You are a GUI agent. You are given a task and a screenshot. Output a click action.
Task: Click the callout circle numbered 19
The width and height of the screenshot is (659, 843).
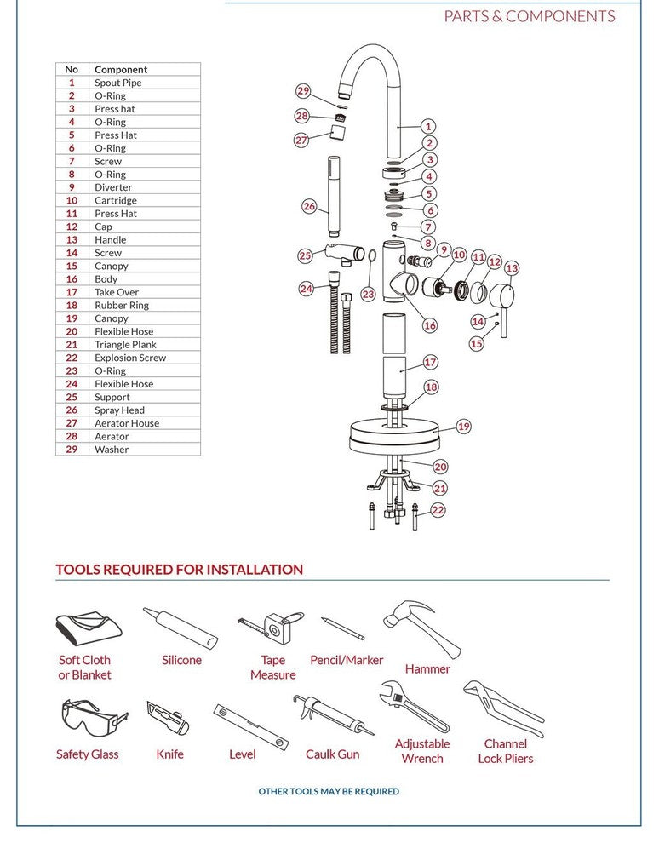coord(463,427)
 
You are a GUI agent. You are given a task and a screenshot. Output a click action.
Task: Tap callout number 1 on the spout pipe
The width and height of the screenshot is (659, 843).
coord(428,127)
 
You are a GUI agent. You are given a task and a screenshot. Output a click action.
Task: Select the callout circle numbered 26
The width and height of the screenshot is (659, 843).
coord(309,206)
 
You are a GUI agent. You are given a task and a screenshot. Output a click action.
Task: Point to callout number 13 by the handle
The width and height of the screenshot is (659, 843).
coord(511,268)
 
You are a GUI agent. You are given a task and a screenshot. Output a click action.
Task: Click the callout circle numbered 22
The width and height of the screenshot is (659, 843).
coord(438,510)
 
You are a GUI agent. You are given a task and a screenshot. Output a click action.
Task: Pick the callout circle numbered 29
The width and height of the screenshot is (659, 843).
coord(303,91)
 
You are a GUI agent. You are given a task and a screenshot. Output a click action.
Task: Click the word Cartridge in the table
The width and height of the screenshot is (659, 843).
coord(115,201)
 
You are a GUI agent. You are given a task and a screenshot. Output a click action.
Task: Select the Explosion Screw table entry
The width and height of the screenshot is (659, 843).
coord(130,358)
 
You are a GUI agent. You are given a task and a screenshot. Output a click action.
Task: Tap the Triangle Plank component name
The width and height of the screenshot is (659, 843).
coord(126,345)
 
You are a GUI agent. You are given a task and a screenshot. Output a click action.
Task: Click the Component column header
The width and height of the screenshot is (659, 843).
coord(121,70)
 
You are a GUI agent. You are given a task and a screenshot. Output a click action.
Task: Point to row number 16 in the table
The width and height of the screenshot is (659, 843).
coord(72,279)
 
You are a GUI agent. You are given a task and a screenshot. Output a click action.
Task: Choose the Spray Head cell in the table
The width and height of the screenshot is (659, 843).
coord(119,410)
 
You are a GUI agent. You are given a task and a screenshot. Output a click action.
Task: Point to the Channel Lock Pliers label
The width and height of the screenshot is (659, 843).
coord(506,751)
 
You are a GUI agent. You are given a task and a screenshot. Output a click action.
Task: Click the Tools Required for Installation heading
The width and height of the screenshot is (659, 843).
coord(180,570)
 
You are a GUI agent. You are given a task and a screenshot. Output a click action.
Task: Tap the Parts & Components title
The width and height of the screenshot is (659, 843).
coord(529,16)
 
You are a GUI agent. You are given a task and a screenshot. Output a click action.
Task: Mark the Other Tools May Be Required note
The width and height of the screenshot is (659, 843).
coord(329,791)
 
